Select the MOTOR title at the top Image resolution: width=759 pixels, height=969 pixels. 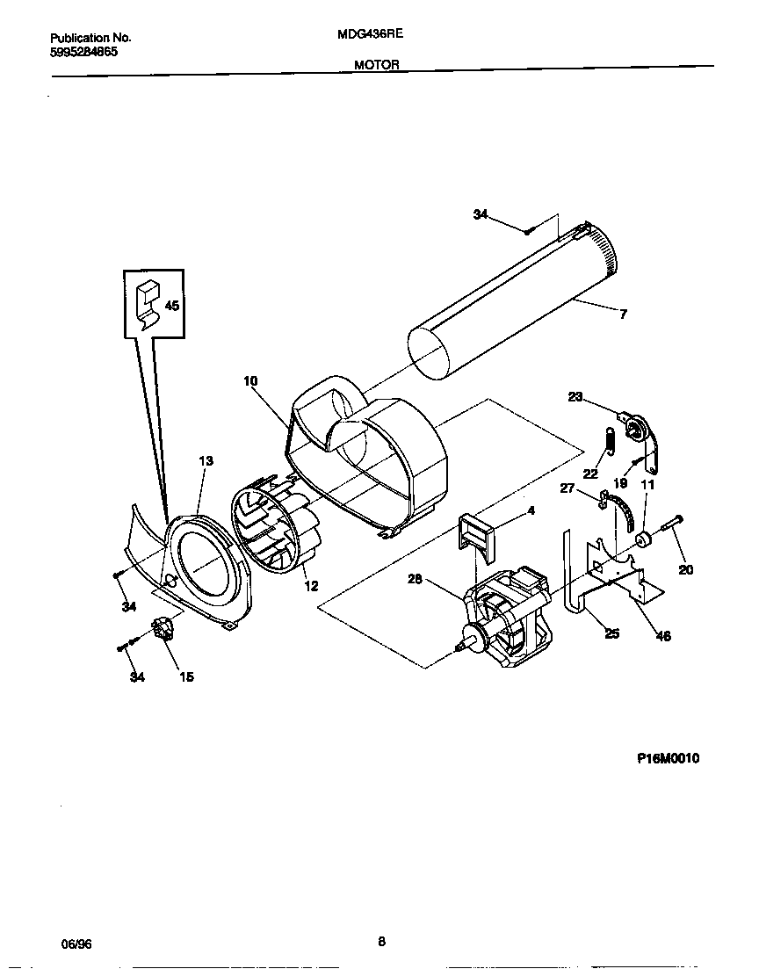[377, 65]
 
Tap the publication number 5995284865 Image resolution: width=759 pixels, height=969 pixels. [83, 52]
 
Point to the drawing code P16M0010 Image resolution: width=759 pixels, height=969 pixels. [669, 759]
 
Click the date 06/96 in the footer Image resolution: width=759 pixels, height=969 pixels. [76, 944]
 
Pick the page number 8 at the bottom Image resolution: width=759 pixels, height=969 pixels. [381, 942]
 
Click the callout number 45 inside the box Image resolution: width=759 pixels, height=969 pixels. [171, 306]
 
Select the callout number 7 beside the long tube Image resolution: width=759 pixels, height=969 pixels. [623, 315]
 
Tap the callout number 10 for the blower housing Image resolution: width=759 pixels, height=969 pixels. [250, 381]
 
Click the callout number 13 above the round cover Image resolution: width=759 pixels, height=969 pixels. [206, 460]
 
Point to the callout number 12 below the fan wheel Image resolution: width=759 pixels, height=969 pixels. [311, 587]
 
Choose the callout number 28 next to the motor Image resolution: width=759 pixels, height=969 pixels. [416, 578]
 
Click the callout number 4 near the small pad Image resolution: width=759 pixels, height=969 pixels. [531, 510]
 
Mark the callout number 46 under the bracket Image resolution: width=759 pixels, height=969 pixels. [663, 636]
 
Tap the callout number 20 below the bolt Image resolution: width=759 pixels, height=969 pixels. [686, 569]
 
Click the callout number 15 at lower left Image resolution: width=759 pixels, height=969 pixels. [186, 676]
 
